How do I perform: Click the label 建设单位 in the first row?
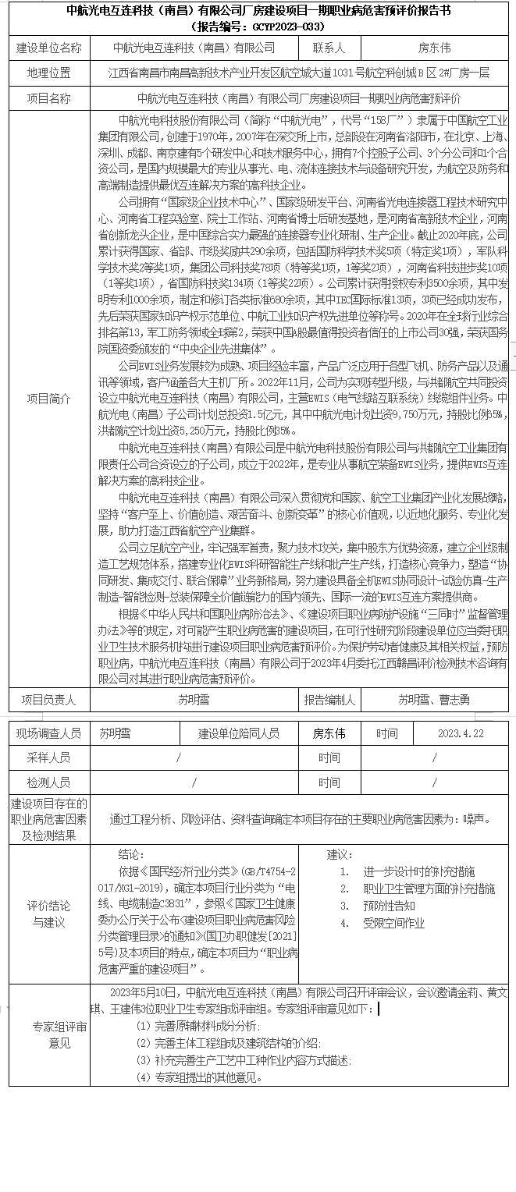(x=48, y=48)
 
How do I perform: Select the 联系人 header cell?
(x=329, y=48)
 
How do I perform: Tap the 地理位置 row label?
(x=48, y=73)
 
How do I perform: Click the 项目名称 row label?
(x=48, y=99)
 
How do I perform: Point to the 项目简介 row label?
(x=48, y=399)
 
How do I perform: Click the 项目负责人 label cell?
(x=48, y=700)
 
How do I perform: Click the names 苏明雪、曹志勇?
(x=434, y=700)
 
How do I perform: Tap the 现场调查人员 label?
(x=48, y=734)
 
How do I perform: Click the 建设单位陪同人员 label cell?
(x=239, y=734)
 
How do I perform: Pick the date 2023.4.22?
(x=461, y=734)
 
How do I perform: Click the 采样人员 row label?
(x=48, y=757)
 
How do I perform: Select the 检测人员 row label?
(x=48, y=782)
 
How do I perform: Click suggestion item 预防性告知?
(x=389, y=906)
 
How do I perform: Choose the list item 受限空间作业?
(x=394, y=923)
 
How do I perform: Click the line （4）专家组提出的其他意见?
(x=198, y=1077)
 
